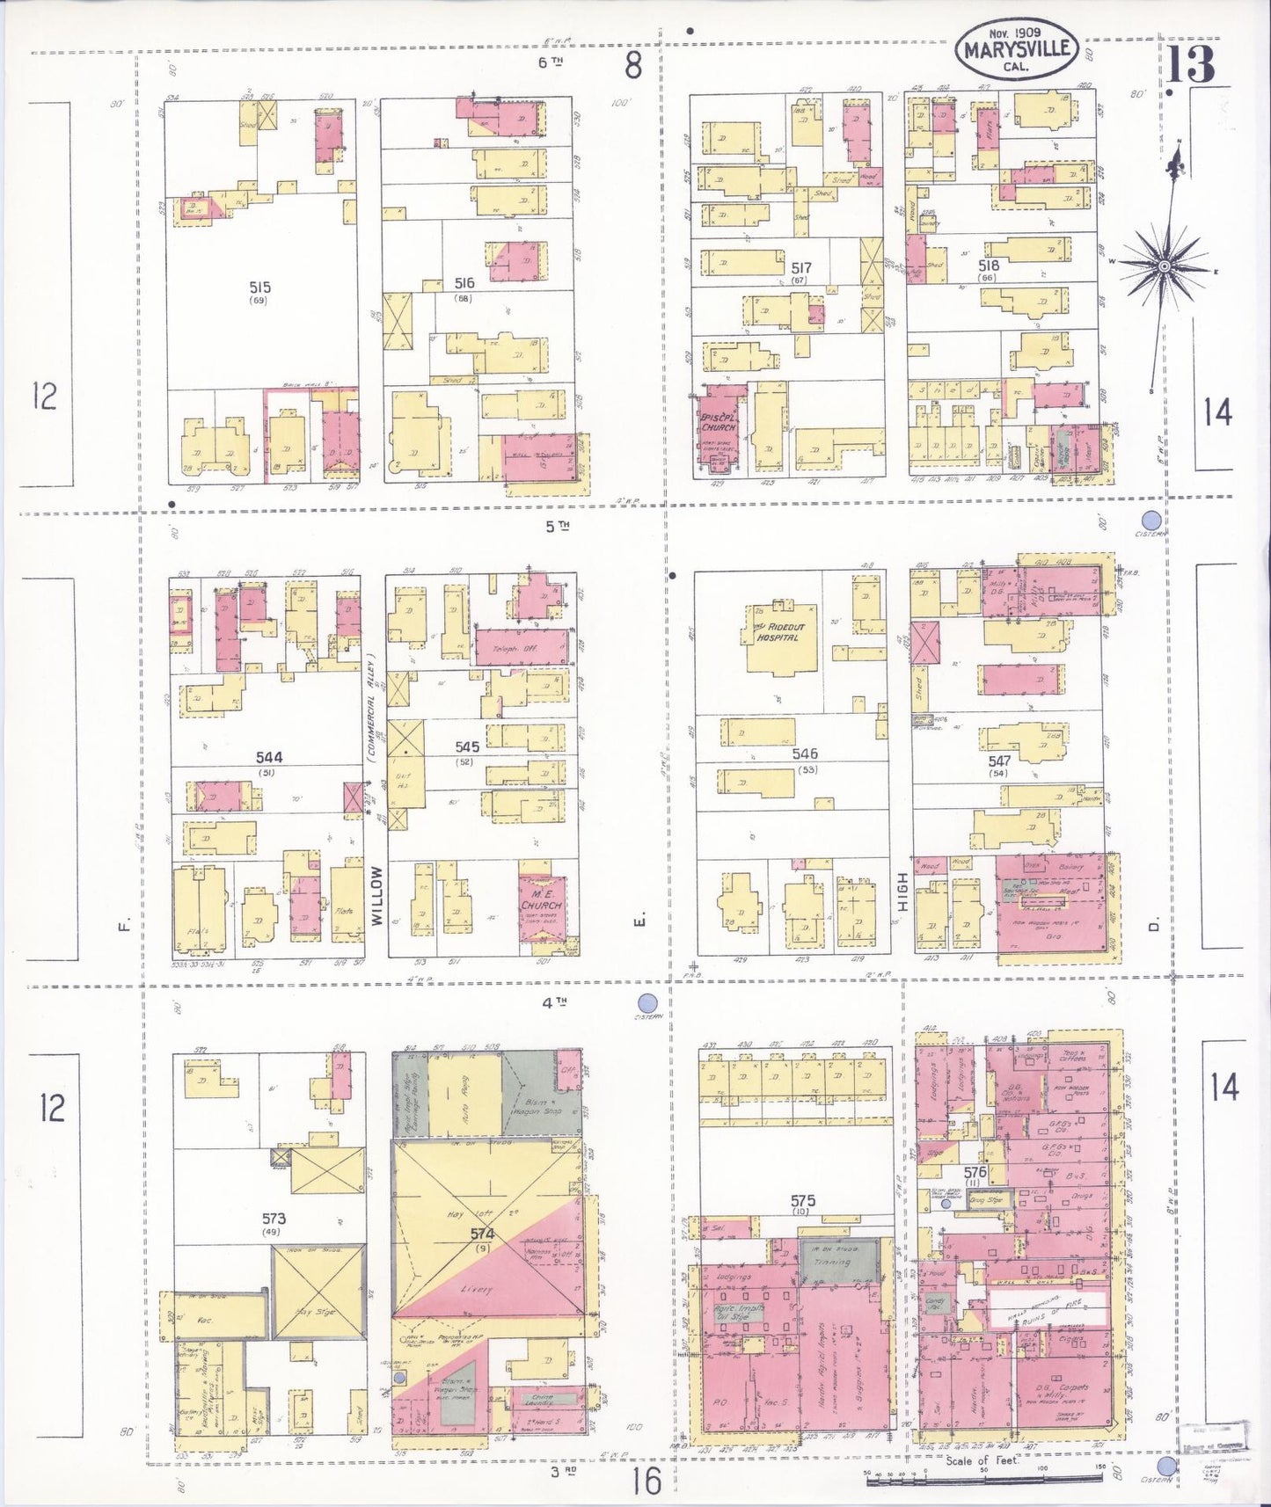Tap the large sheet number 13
pyautogui.click(x=1193, y=63)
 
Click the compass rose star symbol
pyautogui.click(x=1164, y=266)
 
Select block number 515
pyautogui.click(x=259, y=288)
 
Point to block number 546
pyautogui.click(x=804, y=753)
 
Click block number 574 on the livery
pyautogui.click(x=482, y=1234)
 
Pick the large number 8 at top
pyautogui.click(x=632, y=64)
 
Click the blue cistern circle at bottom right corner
pyautogui.click(x=1166, y=1466)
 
